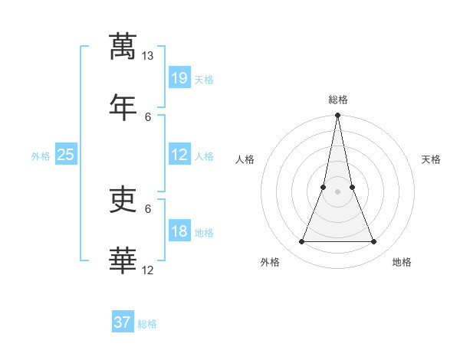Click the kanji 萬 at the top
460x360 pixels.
(123, 46)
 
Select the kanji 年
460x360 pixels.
(123, 106)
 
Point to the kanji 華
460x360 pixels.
(123, 260)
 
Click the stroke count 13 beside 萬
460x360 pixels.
(148, 56)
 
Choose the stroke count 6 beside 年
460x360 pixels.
(148, 116)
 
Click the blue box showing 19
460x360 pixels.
(179, 77)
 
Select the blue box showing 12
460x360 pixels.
(179, 155)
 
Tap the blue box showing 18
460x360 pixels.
(179, 231)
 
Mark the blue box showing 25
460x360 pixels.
(66, 155)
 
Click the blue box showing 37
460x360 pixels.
(123, 322)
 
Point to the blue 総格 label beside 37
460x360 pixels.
(147, 324)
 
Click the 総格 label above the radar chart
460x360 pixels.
(337, 100)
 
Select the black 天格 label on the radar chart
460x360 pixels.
(431, 159)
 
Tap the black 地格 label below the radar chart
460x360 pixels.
(402, 262)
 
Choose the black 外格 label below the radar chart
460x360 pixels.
(270, 262)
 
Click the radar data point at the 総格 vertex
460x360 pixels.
(337, 116)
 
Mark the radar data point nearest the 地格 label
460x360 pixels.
(374, 242)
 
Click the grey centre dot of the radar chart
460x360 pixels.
(337, 191)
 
